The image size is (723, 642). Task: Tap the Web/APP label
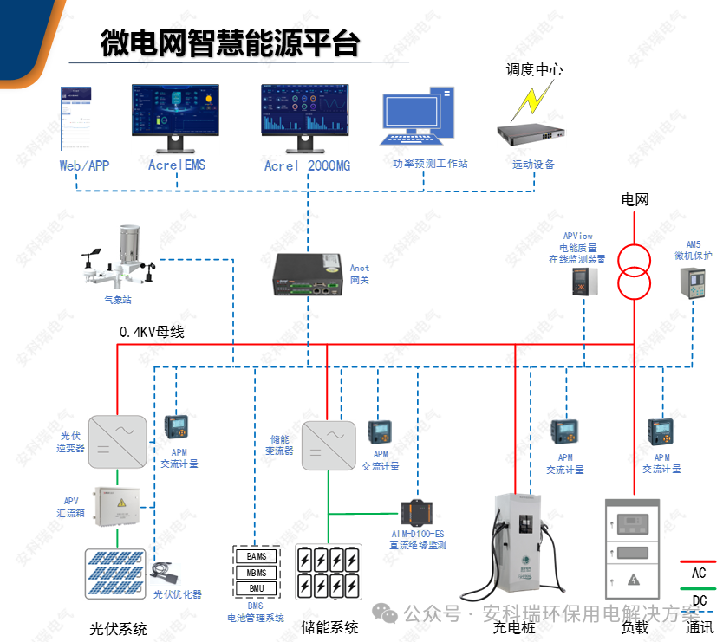click(84, 165)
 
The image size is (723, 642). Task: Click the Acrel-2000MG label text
click(307, 165)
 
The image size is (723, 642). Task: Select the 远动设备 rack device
click(531, 134)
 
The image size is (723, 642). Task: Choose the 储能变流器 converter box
click(329, 445)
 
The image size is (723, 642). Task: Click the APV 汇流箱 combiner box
click(117, 509)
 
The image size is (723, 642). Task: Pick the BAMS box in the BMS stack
click(257, 556)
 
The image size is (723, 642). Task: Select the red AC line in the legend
click(699, 561)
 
